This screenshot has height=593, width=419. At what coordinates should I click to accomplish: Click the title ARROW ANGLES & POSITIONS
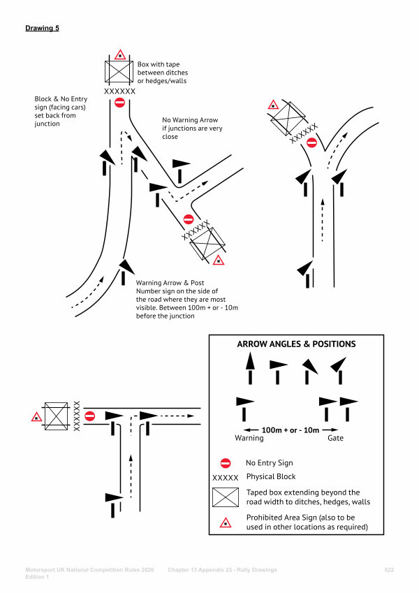pos(296,344)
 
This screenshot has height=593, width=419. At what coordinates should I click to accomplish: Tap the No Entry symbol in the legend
pos(226,462)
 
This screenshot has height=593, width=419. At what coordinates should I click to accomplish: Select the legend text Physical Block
pos(271,477)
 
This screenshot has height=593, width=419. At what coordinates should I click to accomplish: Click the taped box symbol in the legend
pos(226,497)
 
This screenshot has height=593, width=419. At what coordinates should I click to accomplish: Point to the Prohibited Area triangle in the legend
pos(226,522)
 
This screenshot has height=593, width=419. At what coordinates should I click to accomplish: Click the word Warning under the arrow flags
pos(249,439)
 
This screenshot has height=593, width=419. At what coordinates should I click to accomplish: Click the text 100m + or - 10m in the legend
pos(291,430)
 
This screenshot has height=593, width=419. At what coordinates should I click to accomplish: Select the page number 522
pos(389,570)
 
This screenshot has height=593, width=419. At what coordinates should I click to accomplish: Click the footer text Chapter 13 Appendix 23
pos(222,570)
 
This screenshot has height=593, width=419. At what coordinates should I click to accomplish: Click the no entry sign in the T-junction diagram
pos(89,416)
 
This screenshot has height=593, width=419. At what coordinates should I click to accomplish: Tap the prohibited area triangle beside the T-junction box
pos(36,417)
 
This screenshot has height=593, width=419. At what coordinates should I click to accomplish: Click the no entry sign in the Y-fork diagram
pos(311,142)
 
